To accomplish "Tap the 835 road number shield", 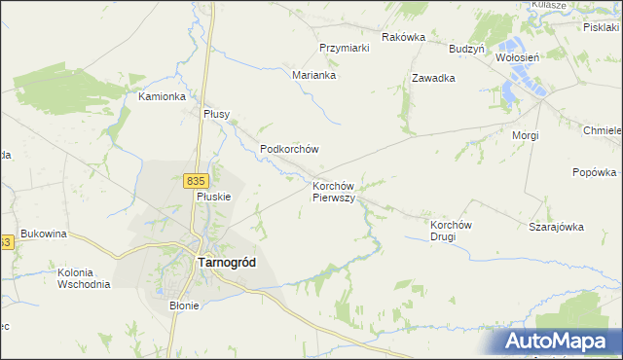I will [195, 180].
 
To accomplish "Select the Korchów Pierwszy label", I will [338, 191].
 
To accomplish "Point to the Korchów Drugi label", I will [451, 230].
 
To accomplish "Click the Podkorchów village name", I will [290, 149].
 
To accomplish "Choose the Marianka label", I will [314, 74].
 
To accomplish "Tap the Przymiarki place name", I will [344, 48].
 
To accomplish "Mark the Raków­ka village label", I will [404, 37].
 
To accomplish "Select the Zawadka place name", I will [434, 78].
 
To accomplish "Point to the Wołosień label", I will [517, 57].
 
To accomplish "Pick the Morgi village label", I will [526, 135].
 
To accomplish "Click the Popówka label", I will [595, 173].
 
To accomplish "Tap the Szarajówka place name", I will [556, 227].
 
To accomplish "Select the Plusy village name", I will [216, 114].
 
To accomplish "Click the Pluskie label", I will [213, 196].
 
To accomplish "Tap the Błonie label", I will [183, 306].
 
